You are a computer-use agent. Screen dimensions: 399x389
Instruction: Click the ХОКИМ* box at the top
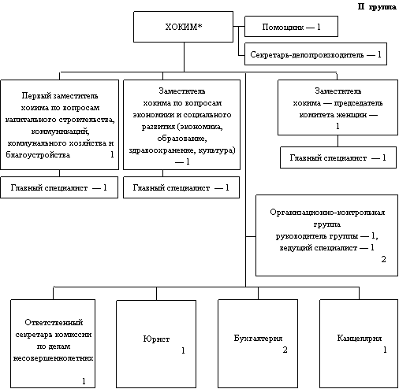click(183, 27)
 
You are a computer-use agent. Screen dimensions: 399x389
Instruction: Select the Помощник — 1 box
click(291, 26)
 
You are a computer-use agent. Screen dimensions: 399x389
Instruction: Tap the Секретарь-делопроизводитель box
click(315, 54)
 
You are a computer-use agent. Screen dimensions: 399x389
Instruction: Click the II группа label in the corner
click(377, 6)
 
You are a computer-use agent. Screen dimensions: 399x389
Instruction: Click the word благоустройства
click(38, 154)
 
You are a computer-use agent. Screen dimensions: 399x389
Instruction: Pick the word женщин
click(351, 115)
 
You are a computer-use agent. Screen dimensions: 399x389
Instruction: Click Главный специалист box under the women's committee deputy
click(338, 157)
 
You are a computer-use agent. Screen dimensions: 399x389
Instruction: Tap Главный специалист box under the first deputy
click(59, 187)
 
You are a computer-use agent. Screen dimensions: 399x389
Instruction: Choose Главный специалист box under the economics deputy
click(181, 187)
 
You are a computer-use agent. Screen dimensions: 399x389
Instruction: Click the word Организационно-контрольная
click(327, 212)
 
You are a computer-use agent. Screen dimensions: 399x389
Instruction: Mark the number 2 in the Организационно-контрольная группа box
click(383, 259)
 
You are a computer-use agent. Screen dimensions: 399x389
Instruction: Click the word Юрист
click(156, 339)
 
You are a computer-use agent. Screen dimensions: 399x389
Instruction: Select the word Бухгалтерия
click(258, 338)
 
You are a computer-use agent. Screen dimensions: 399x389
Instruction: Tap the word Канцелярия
click(360, 338)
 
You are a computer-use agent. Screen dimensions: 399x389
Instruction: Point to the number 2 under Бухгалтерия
click(285, 350)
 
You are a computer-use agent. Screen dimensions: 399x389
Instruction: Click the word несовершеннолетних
click(53, 358)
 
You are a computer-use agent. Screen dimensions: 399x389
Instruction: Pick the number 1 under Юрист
click(183, 350)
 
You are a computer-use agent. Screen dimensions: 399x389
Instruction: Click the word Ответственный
click(54, 322)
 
